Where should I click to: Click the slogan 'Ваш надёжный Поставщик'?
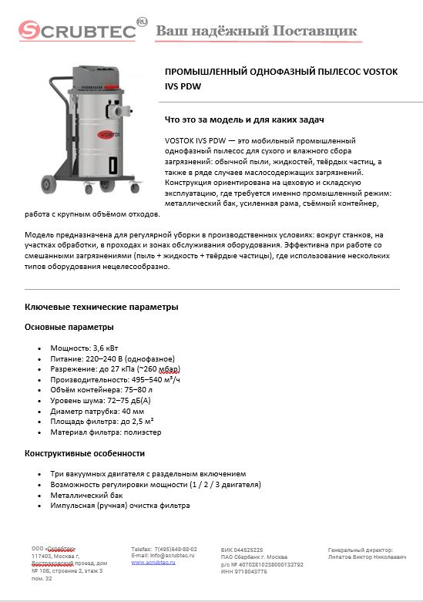pyautogui.click(x=257, y=31)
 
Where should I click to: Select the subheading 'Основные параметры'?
pyautogui.click(x=69, y=327)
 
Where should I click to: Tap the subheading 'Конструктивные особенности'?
pyautogui.click(x=85, y=453)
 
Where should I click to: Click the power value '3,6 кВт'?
pyautogui.click(x=108, y=348)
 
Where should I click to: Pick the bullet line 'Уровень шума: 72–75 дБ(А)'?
pyautogui.click(x=100, y=401)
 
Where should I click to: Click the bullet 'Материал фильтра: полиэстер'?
pyautogui.click(x=106, y=432)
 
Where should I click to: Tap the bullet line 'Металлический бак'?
pyautogui.click(x=86, y=495)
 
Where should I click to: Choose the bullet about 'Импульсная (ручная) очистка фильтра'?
pyautogui.click(x=119, y=506)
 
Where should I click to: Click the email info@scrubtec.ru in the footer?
pyautogui.click(x=163, y=555)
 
